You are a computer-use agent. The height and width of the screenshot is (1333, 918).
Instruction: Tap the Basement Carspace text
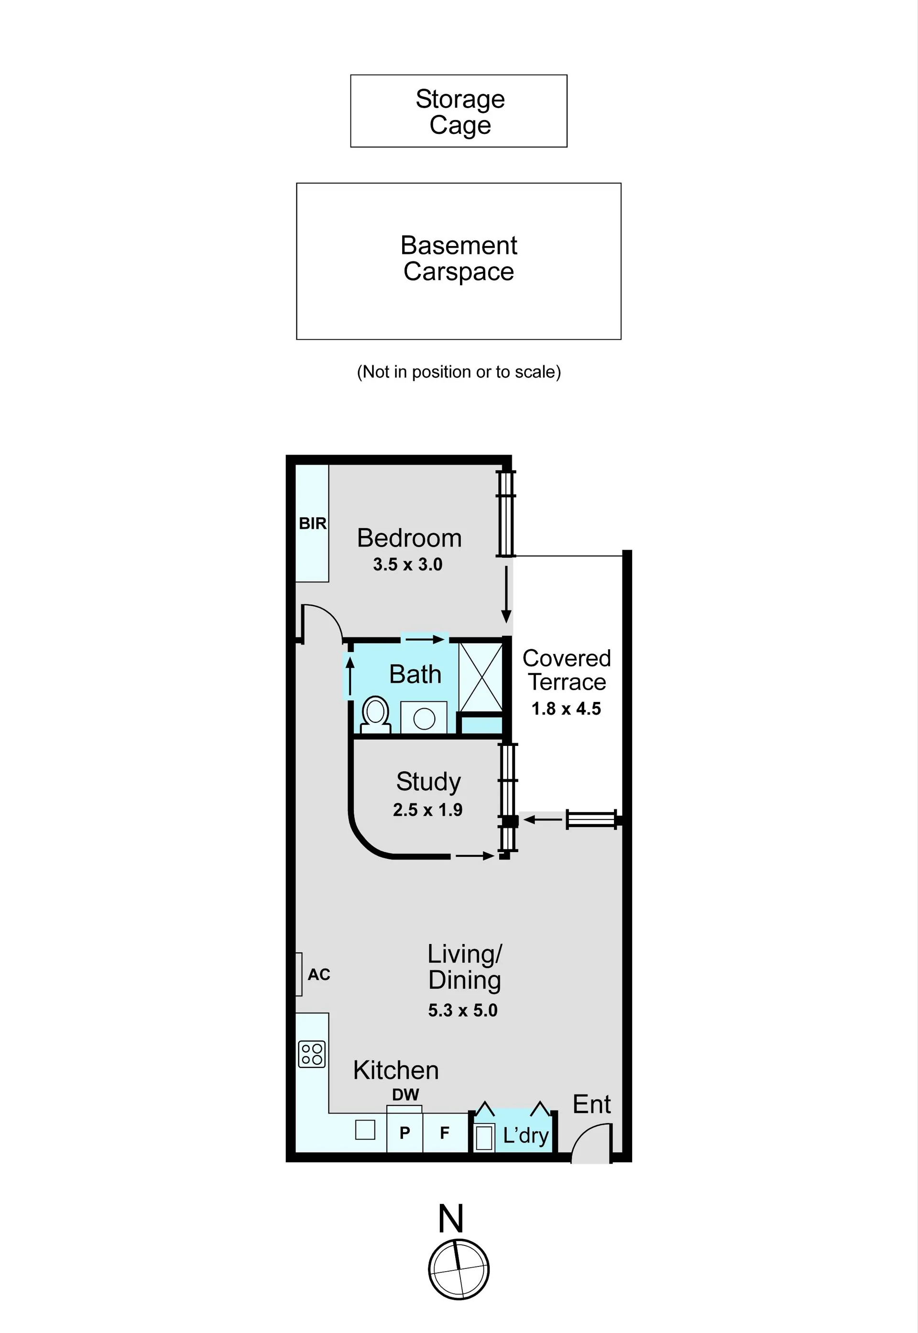[x=459, y=258]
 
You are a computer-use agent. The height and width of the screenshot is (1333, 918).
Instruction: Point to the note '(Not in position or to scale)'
[x=459, y=372]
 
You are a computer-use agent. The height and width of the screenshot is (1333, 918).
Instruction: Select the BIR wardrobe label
[x=313, y=523]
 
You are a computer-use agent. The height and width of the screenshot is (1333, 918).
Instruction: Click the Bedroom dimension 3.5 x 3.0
[x=408, y=565]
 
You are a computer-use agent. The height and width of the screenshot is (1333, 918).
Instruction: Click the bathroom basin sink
[x=424, y=717]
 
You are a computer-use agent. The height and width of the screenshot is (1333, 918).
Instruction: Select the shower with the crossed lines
[x=481, y=678]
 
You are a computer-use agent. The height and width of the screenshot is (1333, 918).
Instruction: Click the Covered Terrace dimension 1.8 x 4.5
[x=566, y=709]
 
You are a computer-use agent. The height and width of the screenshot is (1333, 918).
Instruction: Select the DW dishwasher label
[x=405, y=1095]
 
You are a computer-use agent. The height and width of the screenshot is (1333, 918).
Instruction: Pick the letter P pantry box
[x=405, y=1132]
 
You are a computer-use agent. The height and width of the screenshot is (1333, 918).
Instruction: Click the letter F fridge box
[x=445, y=1132]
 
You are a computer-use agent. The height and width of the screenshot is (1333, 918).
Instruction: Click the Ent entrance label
[x=592, y=1104]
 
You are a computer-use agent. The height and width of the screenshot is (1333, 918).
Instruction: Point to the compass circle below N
[x=459, y=1269]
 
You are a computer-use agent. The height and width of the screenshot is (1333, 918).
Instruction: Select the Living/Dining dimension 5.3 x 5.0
[x=462, y=1010]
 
